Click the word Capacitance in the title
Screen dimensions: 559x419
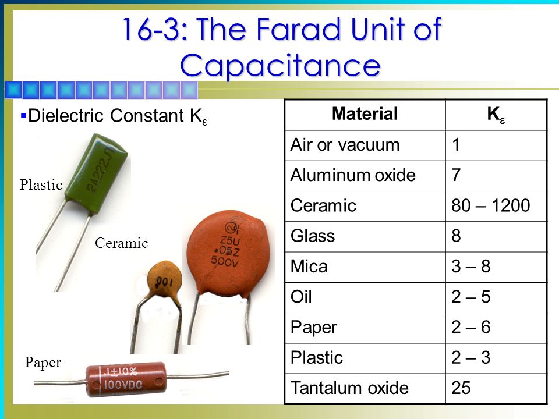point(280,66)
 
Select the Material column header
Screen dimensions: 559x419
point(365,114)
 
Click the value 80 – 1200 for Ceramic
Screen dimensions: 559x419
point(490,205)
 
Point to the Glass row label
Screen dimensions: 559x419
point(313,236)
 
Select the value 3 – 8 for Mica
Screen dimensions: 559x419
point(470,267)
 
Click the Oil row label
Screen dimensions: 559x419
point(301,297)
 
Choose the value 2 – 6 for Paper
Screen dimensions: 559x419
point(470,327)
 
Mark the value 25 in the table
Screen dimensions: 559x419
point(461,388)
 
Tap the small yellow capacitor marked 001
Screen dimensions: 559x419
point(164,280)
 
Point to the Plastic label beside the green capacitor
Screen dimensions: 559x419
point(41,185)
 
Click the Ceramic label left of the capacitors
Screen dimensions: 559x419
point(122,243)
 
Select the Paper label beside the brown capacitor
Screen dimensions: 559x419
point(43,363)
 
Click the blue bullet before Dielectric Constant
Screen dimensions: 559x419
point(23,116)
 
